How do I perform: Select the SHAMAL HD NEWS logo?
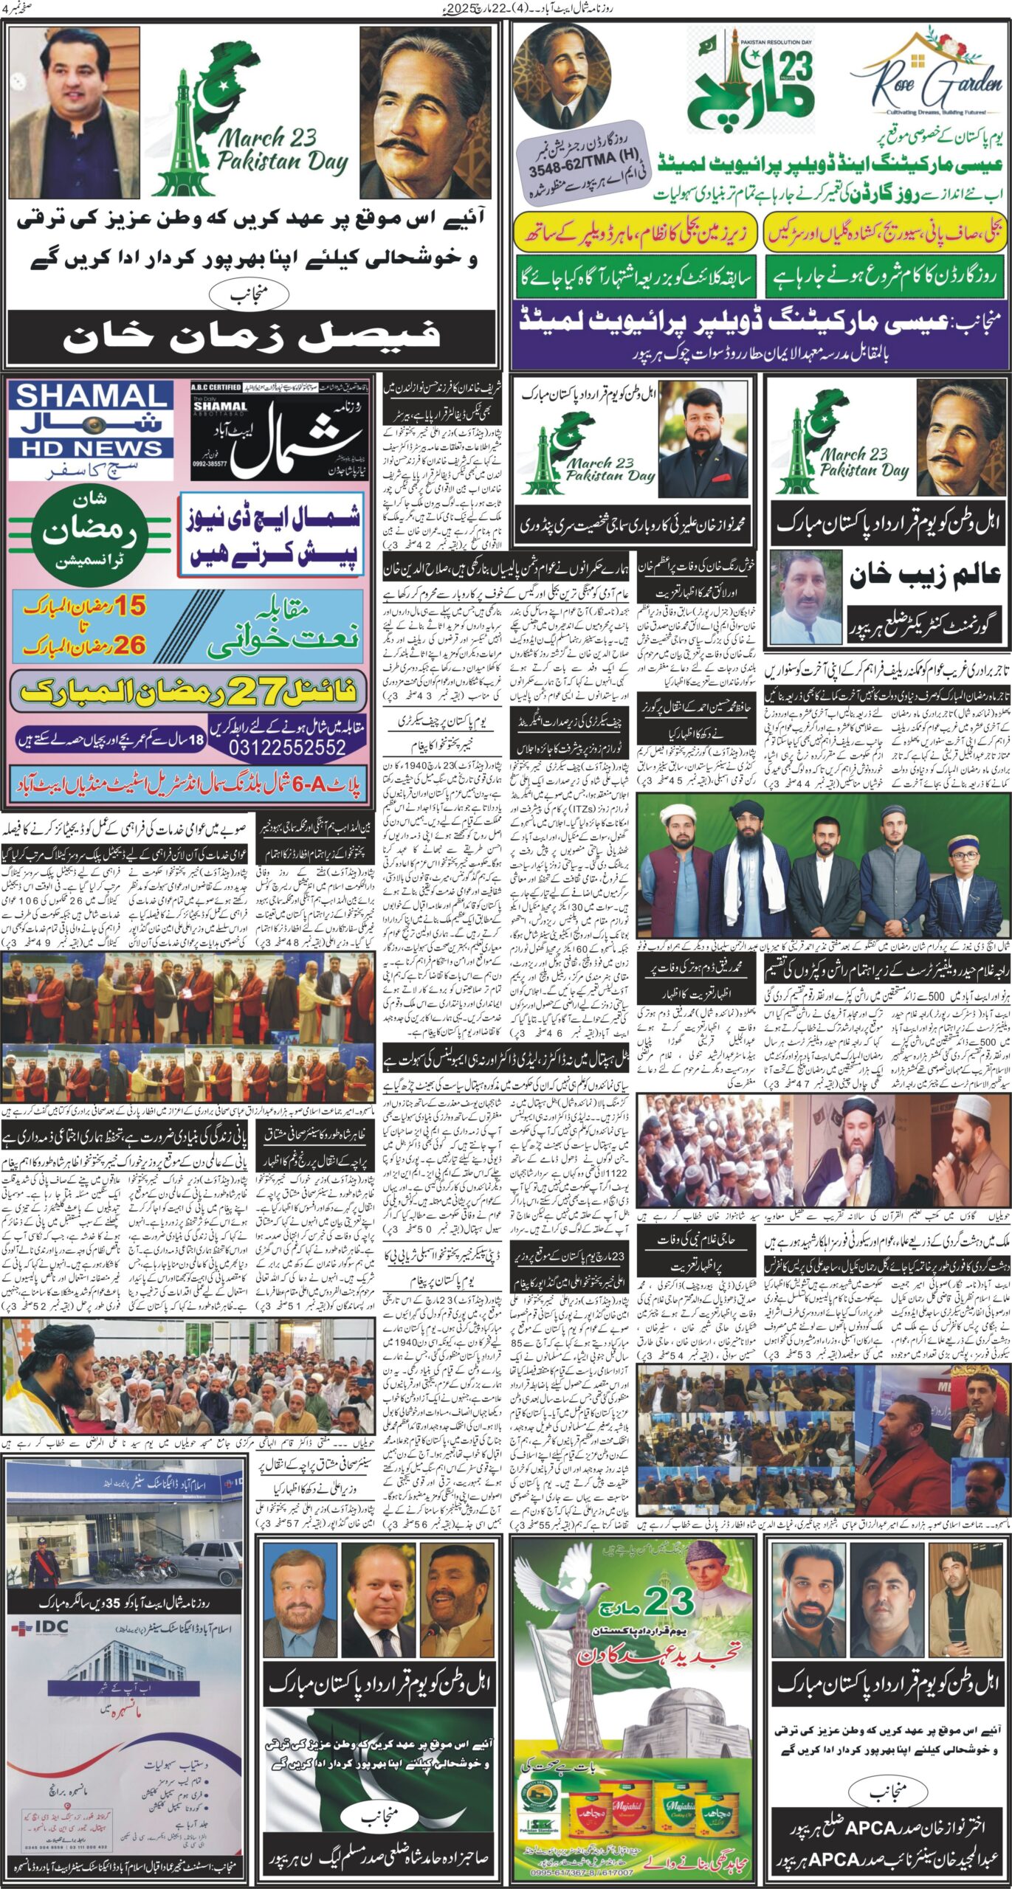coord(91,422)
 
